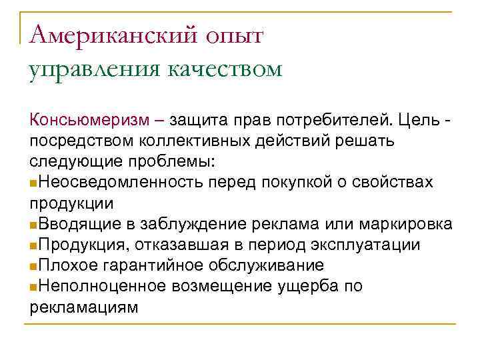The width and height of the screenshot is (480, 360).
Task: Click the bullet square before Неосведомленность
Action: tap(33, 183)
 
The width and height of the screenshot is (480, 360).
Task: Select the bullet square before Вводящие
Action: tap(33, 225)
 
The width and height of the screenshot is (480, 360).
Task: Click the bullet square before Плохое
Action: tap(33, 266)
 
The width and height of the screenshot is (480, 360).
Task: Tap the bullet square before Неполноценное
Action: tap(33, 287)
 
